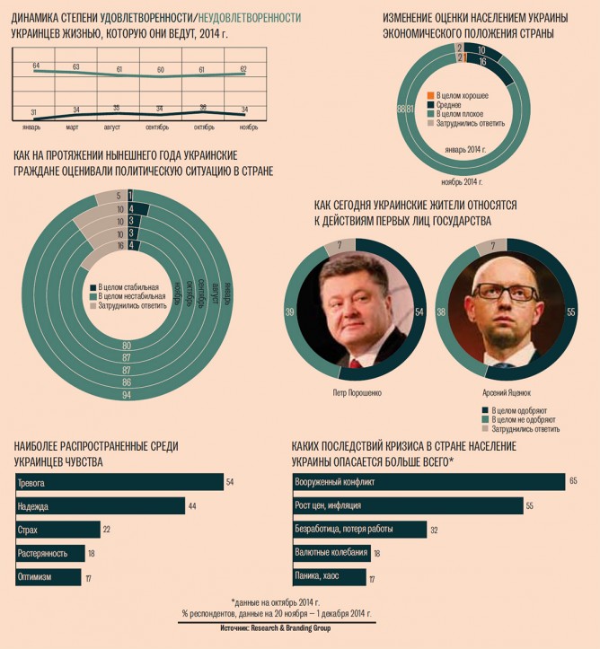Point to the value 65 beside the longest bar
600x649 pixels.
click(x=572, y=482)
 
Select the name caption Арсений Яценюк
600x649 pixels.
click(x=495, y=391)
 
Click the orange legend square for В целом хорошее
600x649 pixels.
click(x=431, y=94)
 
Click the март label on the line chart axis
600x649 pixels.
click(x=75, y=127)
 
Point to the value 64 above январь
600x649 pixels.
click(x=36, y=66)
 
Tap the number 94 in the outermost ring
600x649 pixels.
click(x=127, y=396)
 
